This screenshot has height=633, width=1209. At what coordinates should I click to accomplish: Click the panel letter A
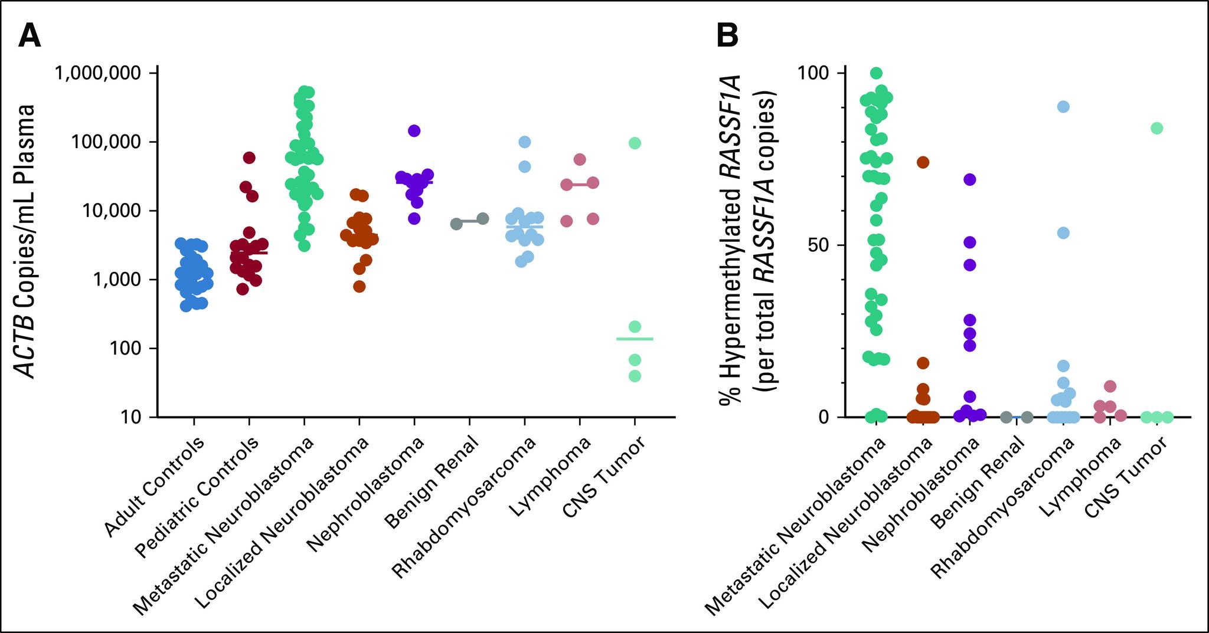(x=30, y=37)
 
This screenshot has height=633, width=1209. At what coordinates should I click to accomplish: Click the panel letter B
(x=727, y=37)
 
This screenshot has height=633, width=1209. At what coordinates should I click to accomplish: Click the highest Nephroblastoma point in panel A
(x=414, y=130)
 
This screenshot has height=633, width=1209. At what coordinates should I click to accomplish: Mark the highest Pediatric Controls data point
(x=249, y=158)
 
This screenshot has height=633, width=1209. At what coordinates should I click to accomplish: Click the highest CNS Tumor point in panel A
(x=635, y=143)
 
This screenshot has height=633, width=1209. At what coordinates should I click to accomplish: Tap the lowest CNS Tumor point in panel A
(x=635, y=376)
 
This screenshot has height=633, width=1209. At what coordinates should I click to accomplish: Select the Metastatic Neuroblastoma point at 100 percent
(x=877, y=73)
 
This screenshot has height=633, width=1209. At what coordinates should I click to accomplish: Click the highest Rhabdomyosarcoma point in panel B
(x=1064, y=107)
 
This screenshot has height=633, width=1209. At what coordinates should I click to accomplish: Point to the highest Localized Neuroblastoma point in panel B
(x=923, y=162)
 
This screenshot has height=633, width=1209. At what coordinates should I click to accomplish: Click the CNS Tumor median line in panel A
(x=635, y=339)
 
